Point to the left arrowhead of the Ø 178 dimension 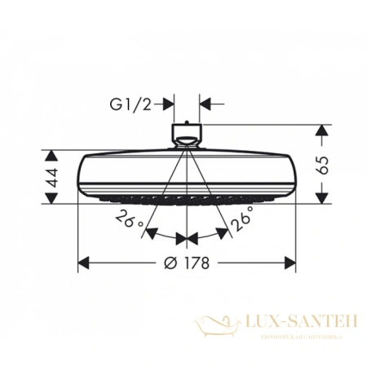click(x=84, y=263)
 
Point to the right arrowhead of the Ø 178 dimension click(x=290, y=263)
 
